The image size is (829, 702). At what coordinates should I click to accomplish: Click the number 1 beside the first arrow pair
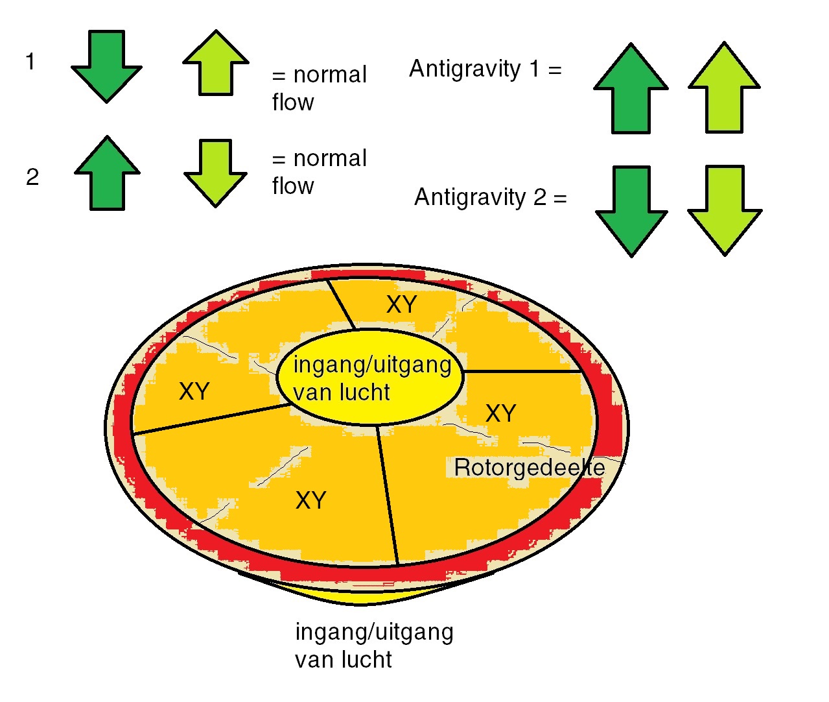coord(30,62)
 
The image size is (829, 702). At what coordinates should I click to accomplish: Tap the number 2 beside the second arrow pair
coord(32,177)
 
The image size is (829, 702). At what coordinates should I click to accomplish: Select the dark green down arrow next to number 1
coord(106,65)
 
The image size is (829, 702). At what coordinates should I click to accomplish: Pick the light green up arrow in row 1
coord(216,63)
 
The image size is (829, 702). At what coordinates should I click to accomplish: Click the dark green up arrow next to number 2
coord(108,173)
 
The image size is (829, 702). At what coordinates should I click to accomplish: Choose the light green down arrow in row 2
coord(215,173)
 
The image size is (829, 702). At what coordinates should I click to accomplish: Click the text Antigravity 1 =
coord(485,69)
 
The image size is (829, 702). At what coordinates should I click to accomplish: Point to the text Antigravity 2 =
coord(490,197)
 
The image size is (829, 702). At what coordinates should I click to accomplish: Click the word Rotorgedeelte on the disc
coord(529,467)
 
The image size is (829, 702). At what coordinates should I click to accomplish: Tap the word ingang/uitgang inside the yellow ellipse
coord(372,365)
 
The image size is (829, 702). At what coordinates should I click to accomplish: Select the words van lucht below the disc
coord(343,660)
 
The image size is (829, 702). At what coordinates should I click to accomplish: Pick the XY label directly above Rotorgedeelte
coord(500,413)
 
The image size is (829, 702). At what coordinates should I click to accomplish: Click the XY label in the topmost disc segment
coord(401,304)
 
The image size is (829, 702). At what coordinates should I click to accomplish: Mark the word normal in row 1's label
coord(330,75)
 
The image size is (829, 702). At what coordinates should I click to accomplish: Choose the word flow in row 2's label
coord(293,186)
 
